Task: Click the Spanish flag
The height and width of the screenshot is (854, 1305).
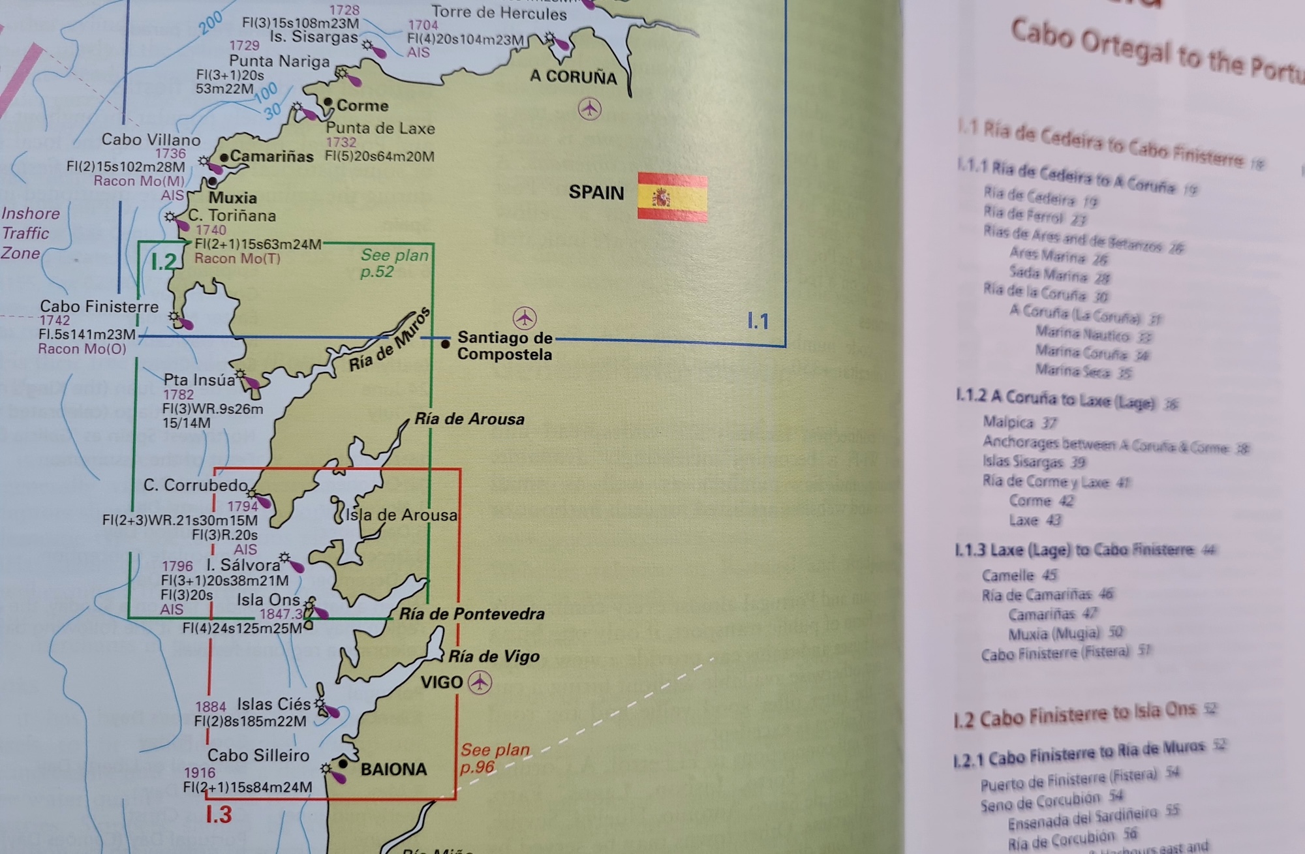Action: click(x=673, y=197)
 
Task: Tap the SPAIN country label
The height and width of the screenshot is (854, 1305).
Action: click(x=596, y=193)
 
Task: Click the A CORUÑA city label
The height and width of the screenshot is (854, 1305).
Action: click(x=574, y=78)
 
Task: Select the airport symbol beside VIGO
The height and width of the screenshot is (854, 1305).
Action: click(x=480, y=682)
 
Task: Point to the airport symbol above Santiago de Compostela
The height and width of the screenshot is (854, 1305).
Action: click(x=525, y=318)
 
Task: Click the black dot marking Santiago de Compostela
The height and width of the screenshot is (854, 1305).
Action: click(x=446, y=344)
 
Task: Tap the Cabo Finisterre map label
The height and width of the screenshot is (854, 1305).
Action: click(x=99, y=307)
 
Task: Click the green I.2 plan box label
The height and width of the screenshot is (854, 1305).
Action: click(x=164, y=262)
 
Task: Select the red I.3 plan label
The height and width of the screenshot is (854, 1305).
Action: click(x=219, y=815)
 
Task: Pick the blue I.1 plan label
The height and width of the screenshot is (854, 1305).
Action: click(x=758, y=321)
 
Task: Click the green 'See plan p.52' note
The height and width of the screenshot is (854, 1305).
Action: click(x=394, y=263)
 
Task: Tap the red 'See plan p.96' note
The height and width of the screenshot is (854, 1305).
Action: click(x=494, y=758)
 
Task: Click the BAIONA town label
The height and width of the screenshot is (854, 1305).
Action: click(x=393, y=769)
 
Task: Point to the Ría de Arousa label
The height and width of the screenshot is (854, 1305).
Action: click(x=470, y=419)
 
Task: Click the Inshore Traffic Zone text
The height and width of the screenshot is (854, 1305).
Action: click(x=30, y=233)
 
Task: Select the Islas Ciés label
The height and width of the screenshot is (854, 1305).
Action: click(x=273, y=705)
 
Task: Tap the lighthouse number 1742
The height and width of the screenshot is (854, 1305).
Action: click(x=54, y=320)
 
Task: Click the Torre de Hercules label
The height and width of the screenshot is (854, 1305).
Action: click(x=499, y=12)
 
